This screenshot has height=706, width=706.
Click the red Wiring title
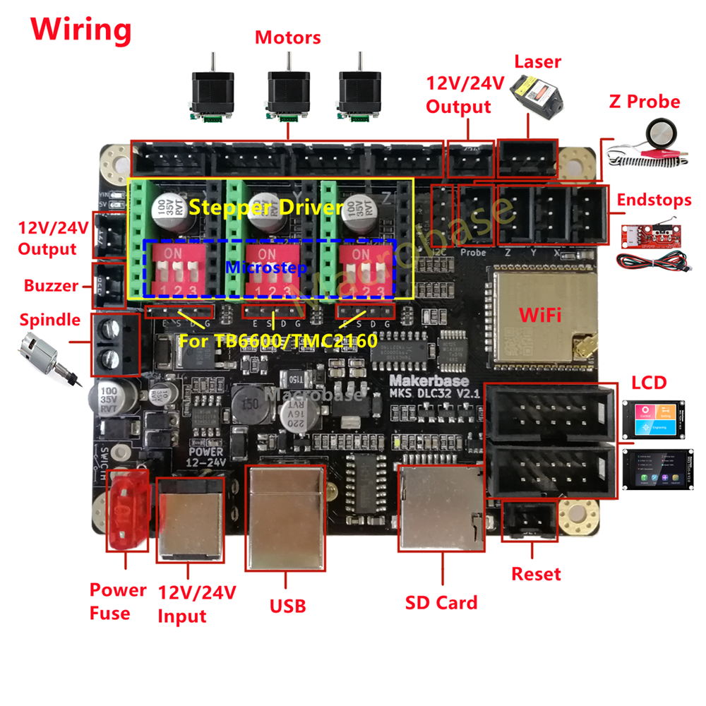(x=80, y=30)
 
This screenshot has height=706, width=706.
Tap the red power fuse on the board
(x=126, y=520)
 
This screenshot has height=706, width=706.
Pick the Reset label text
(x=536, y=574)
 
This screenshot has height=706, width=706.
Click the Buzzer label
(x=50, y=286)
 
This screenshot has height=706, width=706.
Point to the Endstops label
(x=654, y=200)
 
